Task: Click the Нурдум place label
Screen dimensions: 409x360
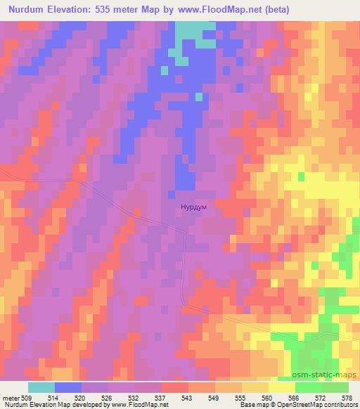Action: (x=193, y=209)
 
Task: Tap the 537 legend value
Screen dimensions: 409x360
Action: (x=161, y=398)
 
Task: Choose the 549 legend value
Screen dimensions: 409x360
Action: (x=214, y=398)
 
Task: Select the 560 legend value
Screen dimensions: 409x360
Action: (x=268, y=398)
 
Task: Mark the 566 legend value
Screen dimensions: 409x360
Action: (x=295, y=398)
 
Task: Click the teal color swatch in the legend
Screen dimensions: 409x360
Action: (x=41, y=387)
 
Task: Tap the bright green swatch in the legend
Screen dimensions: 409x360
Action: (x=308, y=387)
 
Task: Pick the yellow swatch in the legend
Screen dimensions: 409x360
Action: (x=281, y=387)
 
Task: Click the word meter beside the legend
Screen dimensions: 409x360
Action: (x=11, y=398)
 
